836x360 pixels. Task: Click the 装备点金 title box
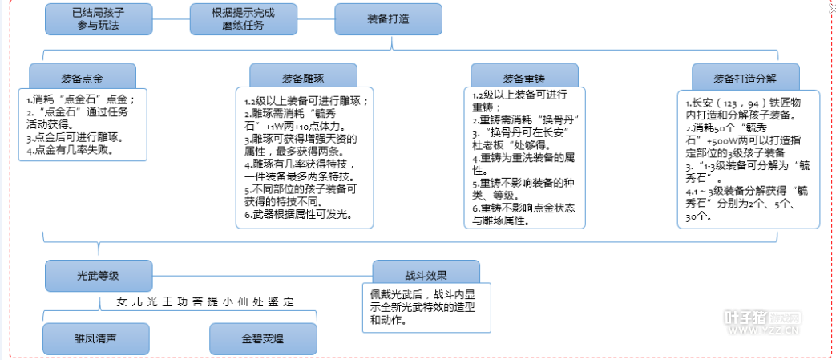[82, 79]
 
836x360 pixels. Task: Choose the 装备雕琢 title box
[302, 79]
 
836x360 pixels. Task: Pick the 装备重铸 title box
[523, 79]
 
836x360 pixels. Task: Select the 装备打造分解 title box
[745, 79]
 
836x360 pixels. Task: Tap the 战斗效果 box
[426, 273]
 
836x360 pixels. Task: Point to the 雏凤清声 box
[96, 338]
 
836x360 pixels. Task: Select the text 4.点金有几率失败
[68, 150]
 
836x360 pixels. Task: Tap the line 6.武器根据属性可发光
[297, 216]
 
